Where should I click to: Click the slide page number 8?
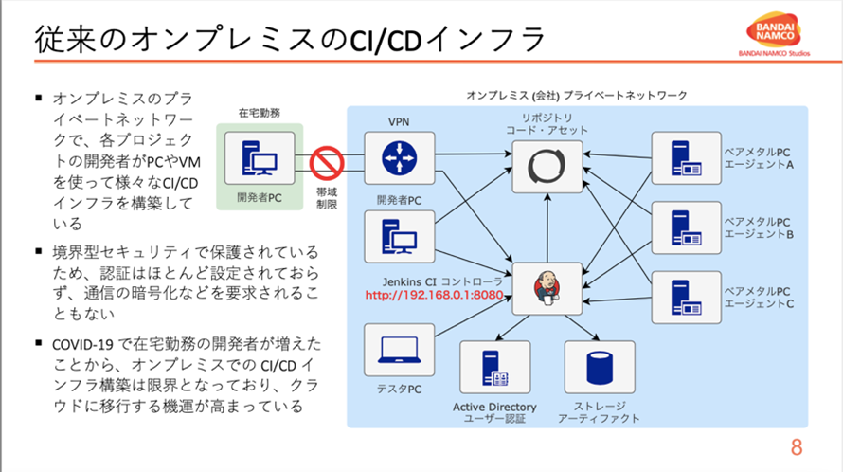(x=797, y=447)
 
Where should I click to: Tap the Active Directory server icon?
(x=493, y=369)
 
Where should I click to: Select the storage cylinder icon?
(x=599, y=369)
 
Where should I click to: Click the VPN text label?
(x=398, y=123)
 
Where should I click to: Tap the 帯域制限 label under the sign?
(x=327, y=197)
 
